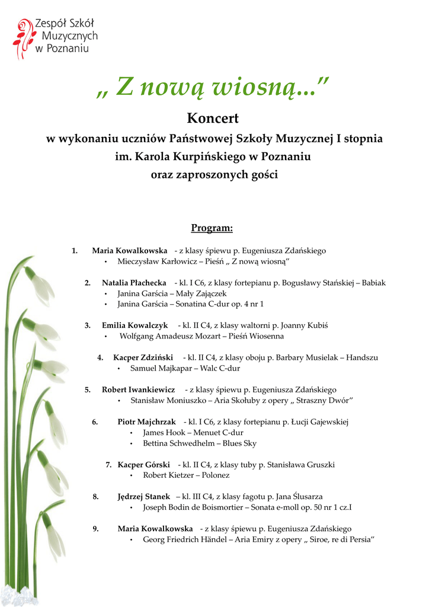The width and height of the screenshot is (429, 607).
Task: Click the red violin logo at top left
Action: tap(23, 38)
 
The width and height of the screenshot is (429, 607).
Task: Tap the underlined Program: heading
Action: tap(212, 228)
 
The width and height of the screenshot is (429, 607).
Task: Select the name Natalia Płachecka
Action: tap(134, 283)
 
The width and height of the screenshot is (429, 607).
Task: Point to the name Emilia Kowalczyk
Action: tap(135, 325)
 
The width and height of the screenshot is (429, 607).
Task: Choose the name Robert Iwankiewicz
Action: tap(138, 389)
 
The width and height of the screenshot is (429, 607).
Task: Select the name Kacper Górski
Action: tap(143, 465)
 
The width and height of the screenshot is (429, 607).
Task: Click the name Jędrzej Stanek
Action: tap(143, 497)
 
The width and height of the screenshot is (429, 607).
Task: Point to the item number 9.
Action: tap(95, 529)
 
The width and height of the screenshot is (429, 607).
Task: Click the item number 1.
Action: tap(75, 251)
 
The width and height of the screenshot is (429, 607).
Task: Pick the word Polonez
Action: tap(215, 475)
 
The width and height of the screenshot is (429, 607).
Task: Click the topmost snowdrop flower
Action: tap(40, 286)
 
